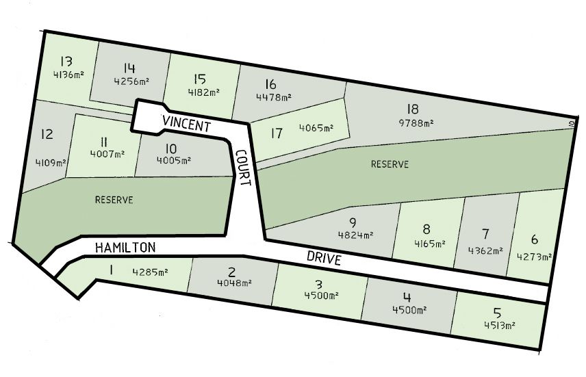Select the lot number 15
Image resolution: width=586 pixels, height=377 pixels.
pos(201,79)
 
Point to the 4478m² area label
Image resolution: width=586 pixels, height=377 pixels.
pos(273,97)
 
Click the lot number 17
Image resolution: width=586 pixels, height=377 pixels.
pos(277,133)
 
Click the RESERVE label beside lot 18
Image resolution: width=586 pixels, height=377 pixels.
pos(390,164)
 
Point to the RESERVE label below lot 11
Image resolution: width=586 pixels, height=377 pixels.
pos(114,200)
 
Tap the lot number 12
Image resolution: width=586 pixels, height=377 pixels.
pos(47,134)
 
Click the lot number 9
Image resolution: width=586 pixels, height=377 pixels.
pos(353,222)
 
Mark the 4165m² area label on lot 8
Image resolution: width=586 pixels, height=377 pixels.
pos(429,243)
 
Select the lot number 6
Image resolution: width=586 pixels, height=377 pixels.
pos(534,240)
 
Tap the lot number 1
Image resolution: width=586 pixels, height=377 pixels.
pos(110,270)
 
